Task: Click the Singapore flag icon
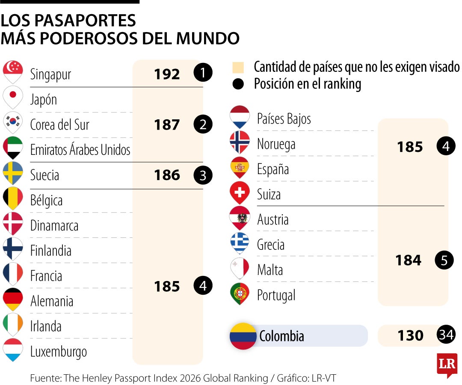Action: pyautogui.click(x=13, y=71)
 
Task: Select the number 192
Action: pyautogui.click(x=167, y=74)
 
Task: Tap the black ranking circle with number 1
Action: pyautogui.click(x=203, y=73)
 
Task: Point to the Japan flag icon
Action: pyautogui.click(x=13, y=97)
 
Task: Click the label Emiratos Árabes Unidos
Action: pyautogui.click(x=80, y=150)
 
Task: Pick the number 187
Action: pyautogui.click(x=167, y=125)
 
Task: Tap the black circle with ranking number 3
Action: pyautogui.click(x=203, y=175)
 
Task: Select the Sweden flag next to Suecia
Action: pyautogui.click(x=13, y=172)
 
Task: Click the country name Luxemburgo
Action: pyautogui.click(x=59, y=352)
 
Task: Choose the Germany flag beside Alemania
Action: pyautogui.click(x=13, y=298)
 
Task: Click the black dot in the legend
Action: pyautogui.click(x=238, y=84)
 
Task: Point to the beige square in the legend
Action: pyautogui.click(x=238, y=68)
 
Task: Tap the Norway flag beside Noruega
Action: pyautogui.click(x=240, y=142)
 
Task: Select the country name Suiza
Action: pyautogui.click(x=269, y=195)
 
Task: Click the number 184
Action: pyautogui.click(x=408, y=260)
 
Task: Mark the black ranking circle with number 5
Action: pyautogui.click(x=444, y=261)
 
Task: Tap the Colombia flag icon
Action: pyautogui.click(x=243, y=336)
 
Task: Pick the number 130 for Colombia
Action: pyautogui.click(x=410, y=336)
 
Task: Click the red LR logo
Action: pyautogui.click(x=447, y=364)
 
